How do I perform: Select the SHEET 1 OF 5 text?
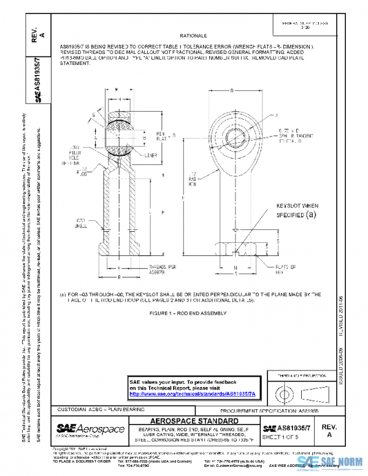point(282,436)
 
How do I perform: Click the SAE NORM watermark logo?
point(328,461)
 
